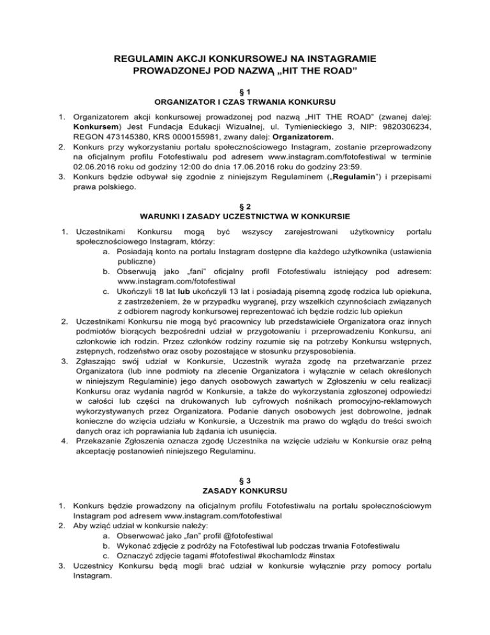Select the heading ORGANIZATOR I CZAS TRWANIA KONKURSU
tap(245, 102)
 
